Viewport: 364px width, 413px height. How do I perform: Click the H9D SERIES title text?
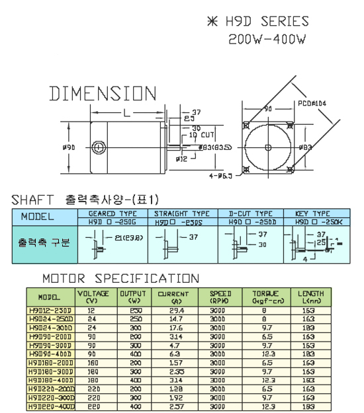(265, 21)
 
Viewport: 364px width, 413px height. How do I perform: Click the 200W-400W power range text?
(267, 39)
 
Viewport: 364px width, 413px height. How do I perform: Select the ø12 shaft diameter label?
(181, 159)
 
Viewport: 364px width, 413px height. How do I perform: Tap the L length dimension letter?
(125, 113)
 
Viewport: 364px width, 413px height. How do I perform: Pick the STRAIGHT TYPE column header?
(181, 213)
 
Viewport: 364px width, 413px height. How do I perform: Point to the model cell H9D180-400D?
(51, 380)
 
